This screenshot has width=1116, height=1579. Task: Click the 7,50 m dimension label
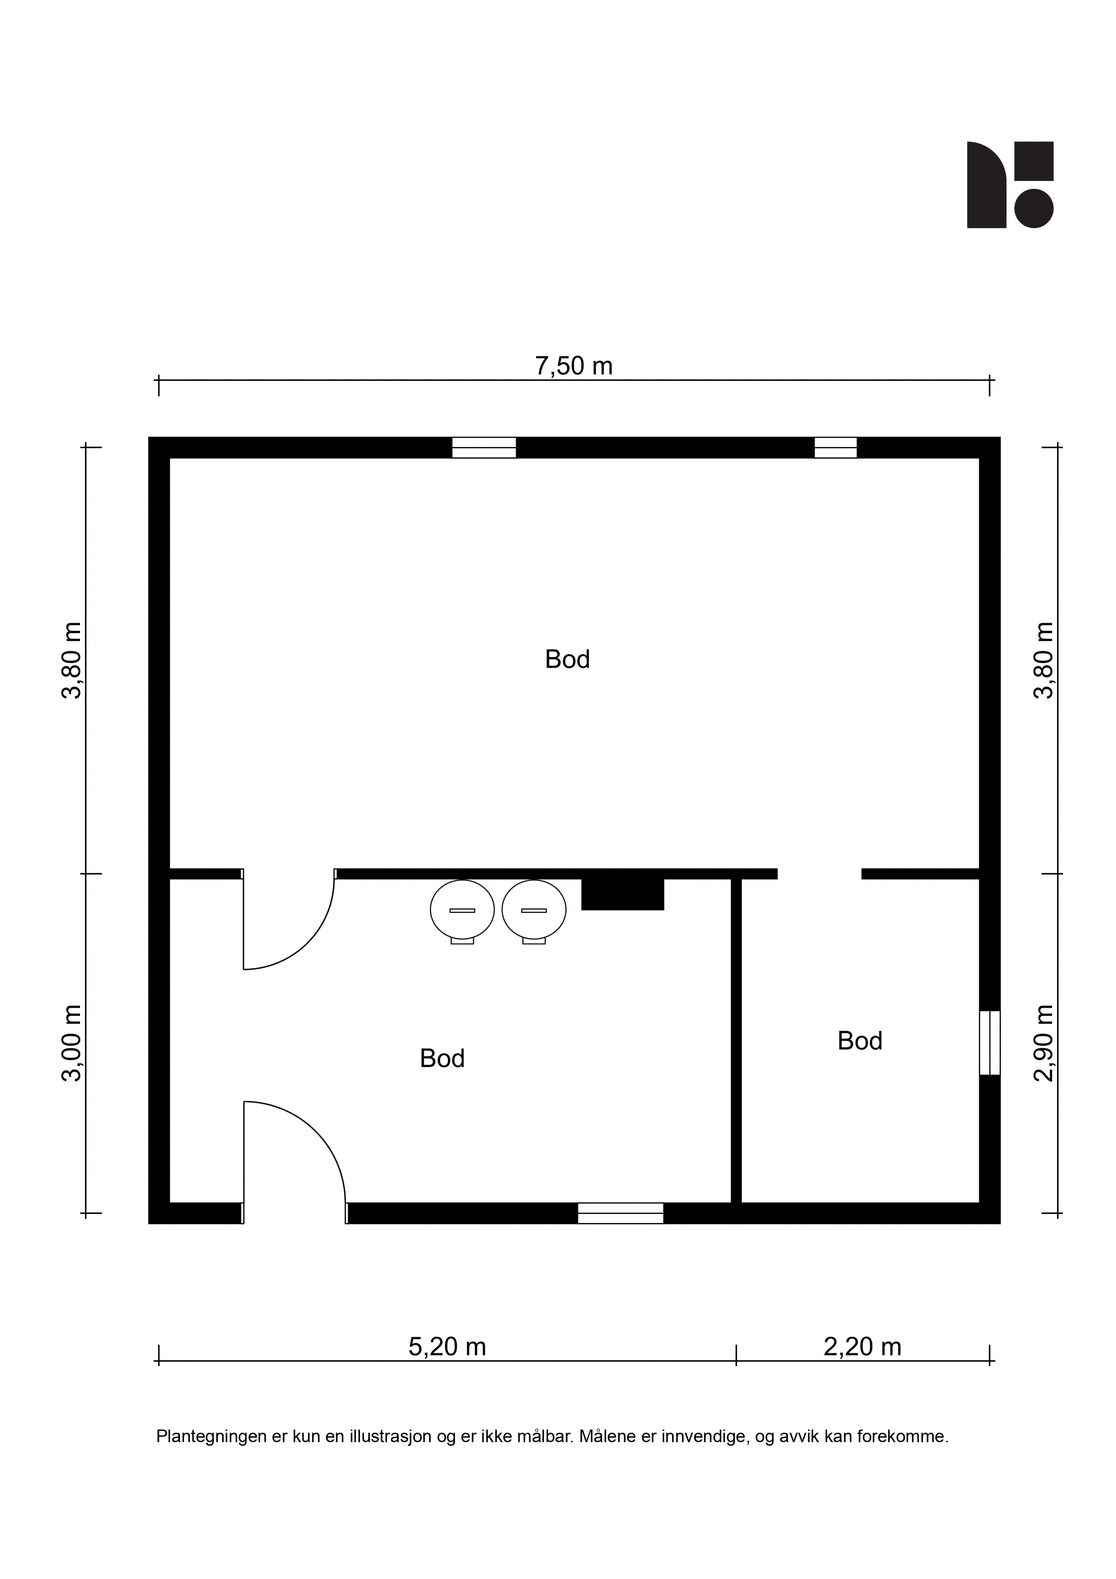click(573, 366)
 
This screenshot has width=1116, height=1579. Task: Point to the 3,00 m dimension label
click(72, 1043)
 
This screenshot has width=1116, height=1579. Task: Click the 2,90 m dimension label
click(1044, 1043)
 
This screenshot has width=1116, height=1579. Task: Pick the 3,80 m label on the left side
click(72, 660)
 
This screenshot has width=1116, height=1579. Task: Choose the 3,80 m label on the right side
click(1044, 660)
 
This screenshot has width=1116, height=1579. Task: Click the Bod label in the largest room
click(567, 659)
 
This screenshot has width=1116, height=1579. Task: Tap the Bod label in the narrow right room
click(859, 1041)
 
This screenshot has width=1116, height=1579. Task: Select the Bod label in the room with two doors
click(442, 1058)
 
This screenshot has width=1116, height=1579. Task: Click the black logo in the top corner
click(1010, 185)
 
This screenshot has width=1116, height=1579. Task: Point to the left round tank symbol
click(462, 911)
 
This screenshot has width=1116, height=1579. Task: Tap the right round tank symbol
click(534, 911)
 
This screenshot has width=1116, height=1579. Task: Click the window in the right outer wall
click(990, 1042)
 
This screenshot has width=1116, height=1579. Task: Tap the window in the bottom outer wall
click(620, 1213)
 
